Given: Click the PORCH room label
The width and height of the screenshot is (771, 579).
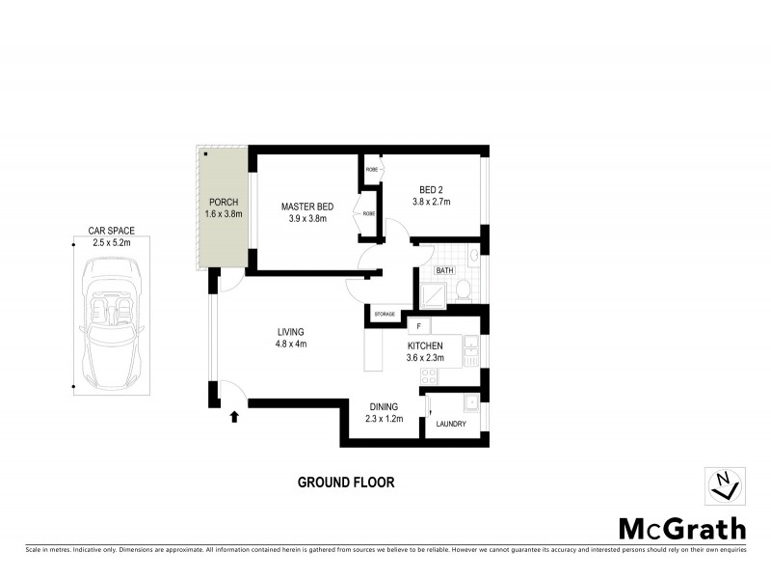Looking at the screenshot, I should (223, 203).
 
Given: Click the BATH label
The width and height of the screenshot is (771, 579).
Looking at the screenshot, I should (444, 271).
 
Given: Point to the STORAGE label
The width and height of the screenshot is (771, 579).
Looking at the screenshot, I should (385, 315).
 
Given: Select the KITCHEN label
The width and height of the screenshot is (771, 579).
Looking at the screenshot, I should (424, 345).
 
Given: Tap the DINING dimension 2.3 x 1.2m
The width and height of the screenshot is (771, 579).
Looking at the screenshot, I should (382, 419).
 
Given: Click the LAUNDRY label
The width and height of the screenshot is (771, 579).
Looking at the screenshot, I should (450, 424).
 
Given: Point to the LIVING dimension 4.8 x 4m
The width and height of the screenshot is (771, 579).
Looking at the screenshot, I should (290, 344).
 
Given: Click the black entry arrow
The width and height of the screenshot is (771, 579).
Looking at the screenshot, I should (233, 417).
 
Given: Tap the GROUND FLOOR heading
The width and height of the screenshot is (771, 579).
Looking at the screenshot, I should (346, 482).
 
